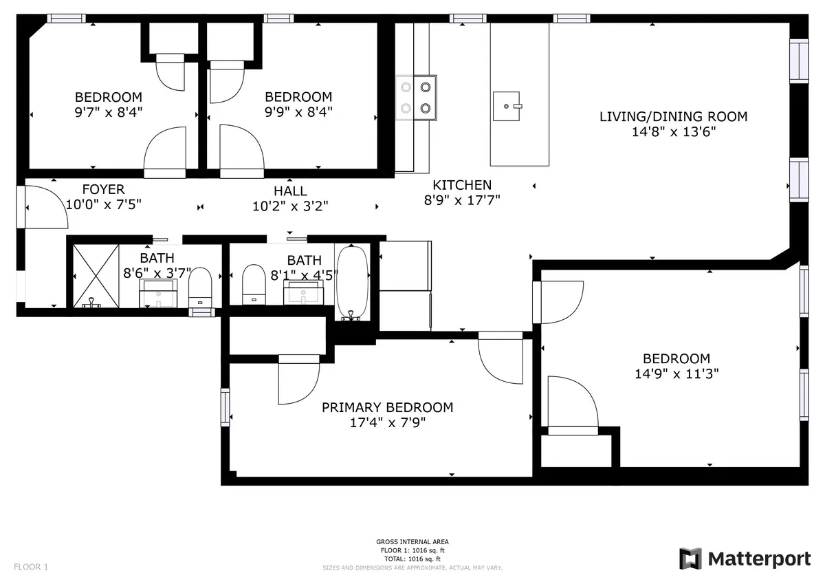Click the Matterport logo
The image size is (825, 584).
pyautogui.click(x=745, y=559)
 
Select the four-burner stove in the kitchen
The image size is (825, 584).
pyautogui.click(x=416, y=97)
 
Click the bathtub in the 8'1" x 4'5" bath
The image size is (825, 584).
pyautogui.click(x=352, y=282)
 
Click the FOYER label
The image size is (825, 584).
pyautogui.click(x=103, y=190)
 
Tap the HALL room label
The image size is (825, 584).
pyautogui.click(x=290, y=191)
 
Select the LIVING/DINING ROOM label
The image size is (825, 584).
pyautogui.click(x=673, y=116)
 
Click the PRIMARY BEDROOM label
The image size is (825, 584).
pyautogui.click(x=387, y=407)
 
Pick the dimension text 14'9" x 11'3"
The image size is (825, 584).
pyautogui.click(x=676, y=374)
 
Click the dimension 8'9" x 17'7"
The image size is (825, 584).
pyautogui.click(x=462, y=200)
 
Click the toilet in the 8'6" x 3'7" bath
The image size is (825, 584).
pyautogui.click(x=200, y=288)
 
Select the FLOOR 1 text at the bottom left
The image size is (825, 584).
pyautogui.click(x=31, y=567)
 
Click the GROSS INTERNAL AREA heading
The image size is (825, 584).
pyautogui.click(x=412, y=542)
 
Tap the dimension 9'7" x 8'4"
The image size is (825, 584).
pyautogui.click(x=108, y=112)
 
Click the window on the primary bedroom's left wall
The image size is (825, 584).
pyautogui.click(x=225, y=407)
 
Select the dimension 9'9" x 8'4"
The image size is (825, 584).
pyautogui.click(x=298, y=112)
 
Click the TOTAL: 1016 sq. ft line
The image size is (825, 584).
pyautogui.click(x=412, y=559)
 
